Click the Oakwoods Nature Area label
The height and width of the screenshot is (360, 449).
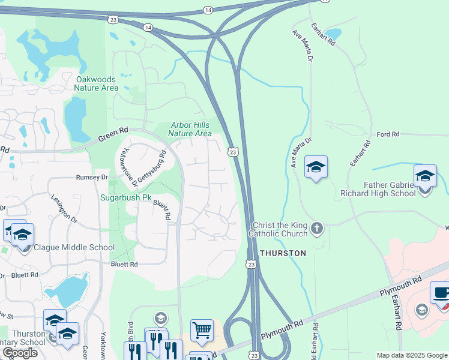(97, 83)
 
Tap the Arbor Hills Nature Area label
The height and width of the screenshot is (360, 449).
(191, 129)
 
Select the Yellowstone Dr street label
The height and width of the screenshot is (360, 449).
(127, 163)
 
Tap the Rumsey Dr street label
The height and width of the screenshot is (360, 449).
(91, 178)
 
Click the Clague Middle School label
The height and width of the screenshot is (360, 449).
(74, 247)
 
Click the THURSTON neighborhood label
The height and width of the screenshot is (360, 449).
(283, 253)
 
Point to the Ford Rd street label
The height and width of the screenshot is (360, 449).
(388, 134)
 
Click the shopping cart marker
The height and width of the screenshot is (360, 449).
(202, 329)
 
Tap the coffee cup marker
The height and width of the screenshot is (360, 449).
(441, 293)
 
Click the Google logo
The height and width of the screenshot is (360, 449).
(20, 353)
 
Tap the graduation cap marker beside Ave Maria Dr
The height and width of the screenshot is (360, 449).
(316, 166)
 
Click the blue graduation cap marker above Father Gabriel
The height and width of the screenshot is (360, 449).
(425, 175)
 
